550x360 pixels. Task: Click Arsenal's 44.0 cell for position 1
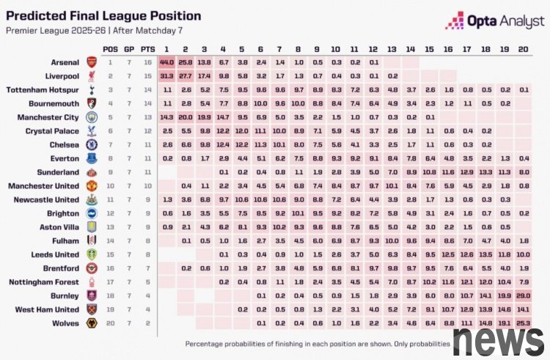(x=166, y=63)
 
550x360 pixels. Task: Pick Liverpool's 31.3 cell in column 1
(x=166, y=76)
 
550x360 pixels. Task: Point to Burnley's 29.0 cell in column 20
(x=522, y=295)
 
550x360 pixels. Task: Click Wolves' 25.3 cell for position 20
(x=522, y=323)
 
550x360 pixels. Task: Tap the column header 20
(x=522, y=48)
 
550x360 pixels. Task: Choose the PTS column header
(x=148, y=48)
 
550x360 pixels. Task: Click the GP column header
(x=129, y=48)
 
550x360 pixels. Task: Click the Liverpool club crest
(x=92, y=76)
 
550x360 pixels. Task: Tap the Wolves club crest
(x=92, y=323)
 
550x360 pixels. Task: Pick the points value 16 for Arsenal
(x=148, y=63)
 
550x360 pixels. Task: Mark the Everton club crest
(x=92, y=158)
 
